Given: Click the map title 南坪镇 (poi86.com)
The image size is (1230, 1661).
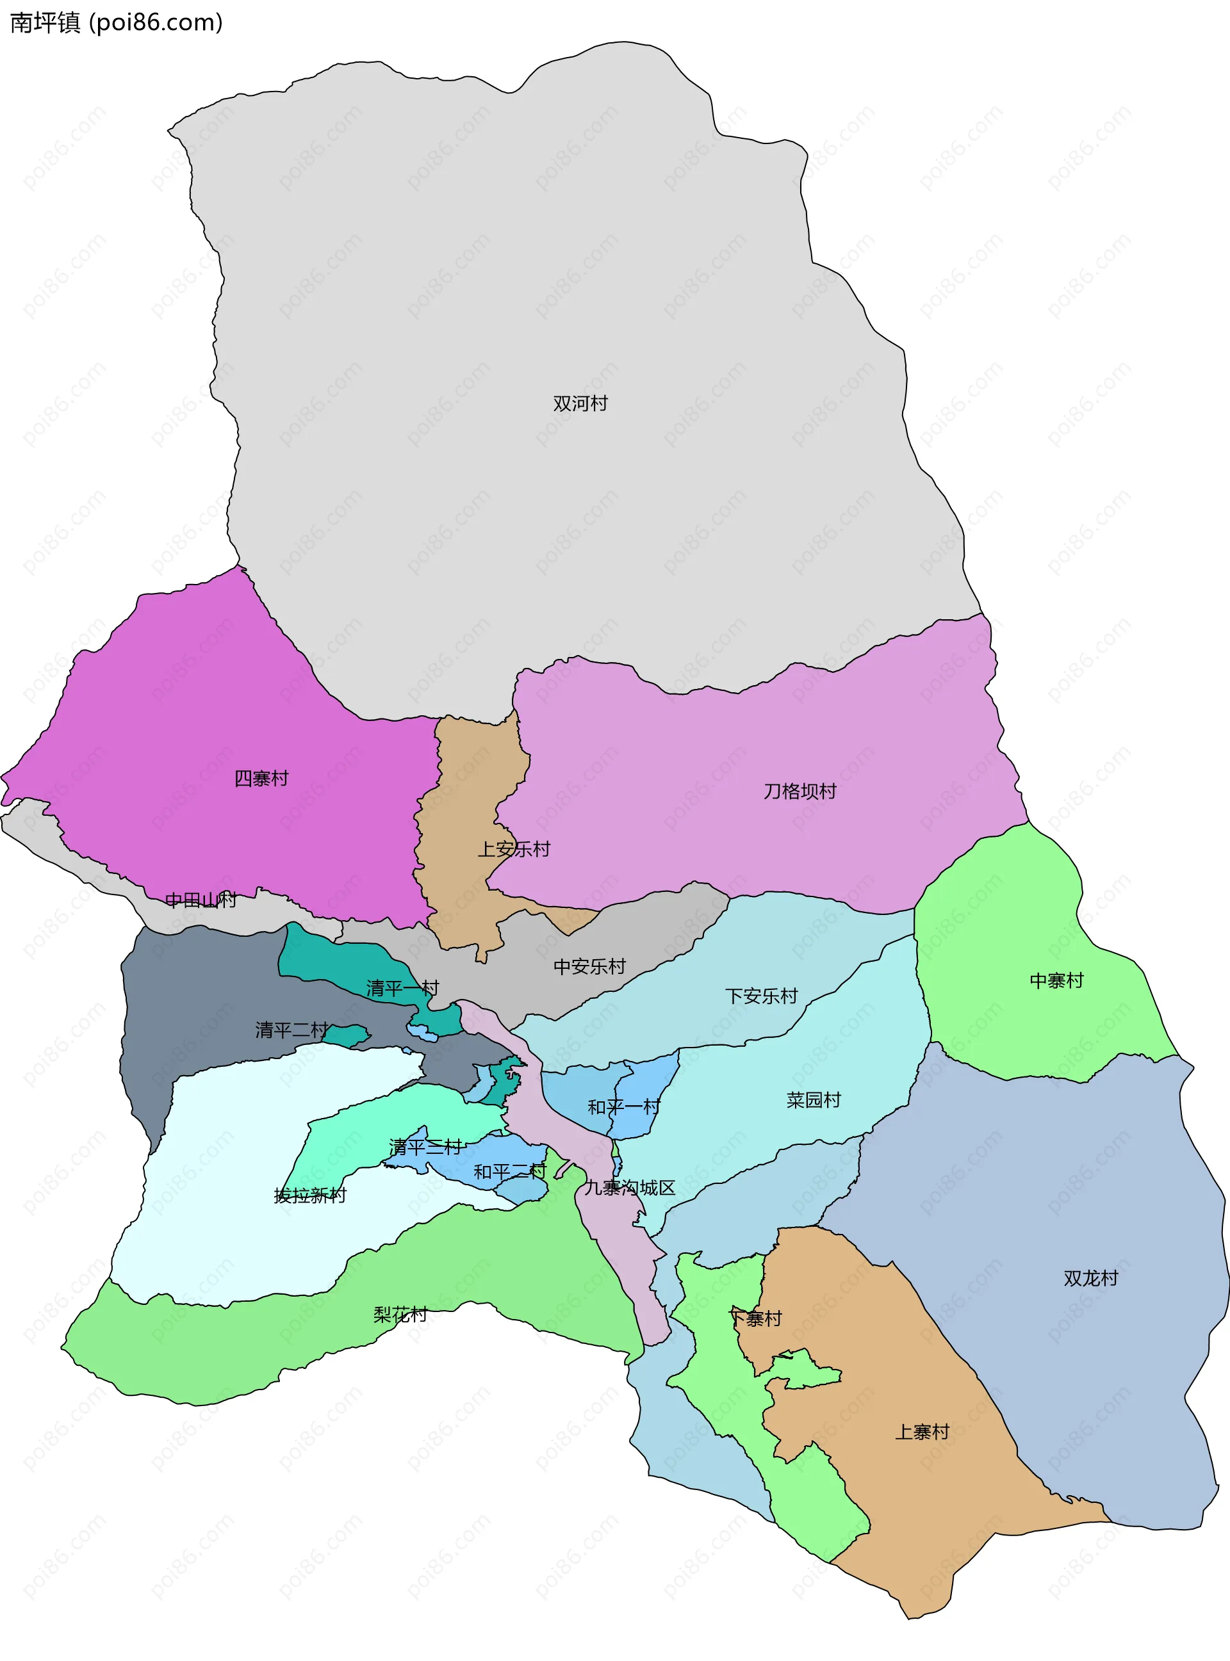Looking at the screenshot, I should [x=116, y=22].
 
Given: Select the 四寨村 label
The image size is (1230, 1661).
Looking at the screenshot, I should [x=261, y=779].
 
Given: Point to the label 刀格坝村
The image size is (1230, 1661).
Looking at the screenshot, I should [x=799, y=791].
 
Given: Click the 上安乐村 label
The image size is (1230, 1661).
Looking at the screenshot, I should [x=513, y=849].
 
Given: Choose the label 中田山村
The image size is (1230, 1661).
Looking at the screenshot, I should [x=201, y=900].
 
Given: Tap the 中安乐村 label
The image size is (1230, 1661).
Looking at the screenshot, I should [x=589, y=967].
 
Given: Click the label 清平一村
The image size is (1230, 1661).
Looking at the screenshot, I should [x=402, y=988].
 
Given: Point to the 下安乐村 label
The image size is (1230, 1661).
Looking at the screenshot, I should [x=761, y=996].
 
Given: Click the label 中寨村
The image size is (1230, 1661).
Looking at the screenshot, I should [x=1056, y=981].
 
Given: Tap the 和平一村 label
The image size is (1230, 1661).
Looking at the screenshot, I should [x=623, y=1106].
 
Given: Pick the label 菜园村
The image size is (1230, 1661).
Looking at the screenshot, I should [x=813, y=1100].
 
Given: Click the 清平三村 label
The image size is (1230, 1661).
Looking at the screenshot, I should [x=425, y=1147].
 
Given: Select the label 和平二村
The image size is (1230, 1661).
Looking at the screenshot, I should [x=509, y=1172].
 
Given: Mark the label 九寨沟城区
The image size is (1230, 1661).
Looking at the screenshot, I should [x=629, y=1188].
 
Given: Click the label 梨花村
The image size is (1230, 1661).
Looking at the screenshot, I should [x=400, y=1314].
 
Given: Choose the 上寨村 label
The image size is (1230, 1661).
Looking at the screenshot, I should [x=922, y=1432].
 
